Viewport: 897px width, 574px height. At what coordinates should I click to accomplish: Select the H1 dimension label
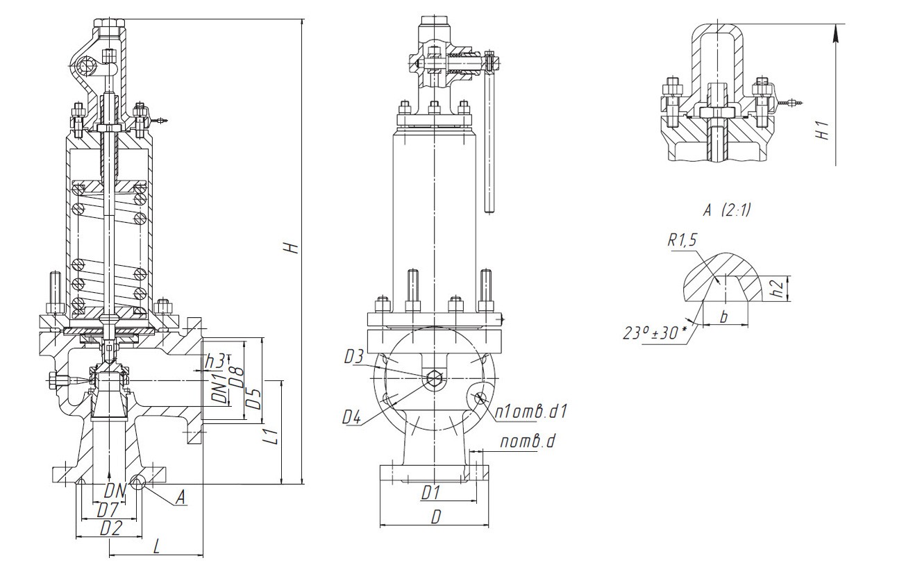click(824, 130)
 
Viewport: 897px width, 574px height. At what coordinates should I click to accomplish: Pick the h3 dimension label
click(215, 361)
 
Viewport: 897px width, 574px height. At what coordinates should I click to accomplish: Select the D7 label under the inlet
click(106, 509)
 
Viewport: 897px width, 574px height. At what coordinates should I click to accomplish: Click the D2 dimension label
click(110, 528)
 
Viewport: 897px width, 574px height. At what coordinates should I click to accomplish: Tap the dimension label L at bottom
click(156, 547)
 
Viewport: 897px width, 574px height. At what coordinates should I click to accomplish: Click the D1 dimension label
click(432, 492)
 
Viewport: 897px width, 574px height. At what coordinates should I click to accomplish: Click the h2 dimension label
click(780, 289)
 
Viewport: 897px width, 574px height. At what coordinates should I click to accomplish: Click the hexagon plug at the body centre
click(434, 379)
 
